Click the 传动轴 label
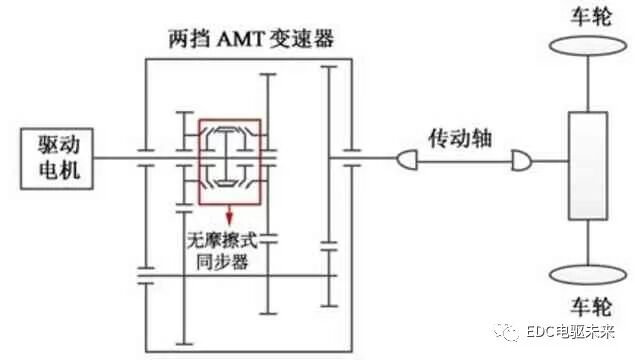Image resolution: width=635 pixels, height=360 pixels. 458,133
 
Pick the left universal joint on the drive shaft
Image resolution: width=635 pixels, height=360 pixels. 407,159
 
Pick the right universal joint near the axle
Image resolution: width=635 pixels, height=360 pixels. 519,159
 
